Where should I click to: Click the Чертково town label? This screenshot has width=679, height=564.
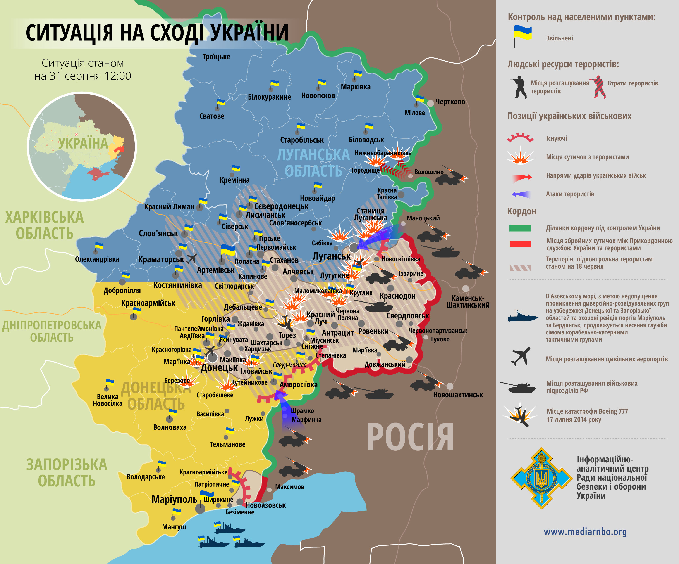coord(450,102)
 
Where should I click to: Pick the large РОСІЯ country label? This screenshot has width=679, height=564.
coord(410,437)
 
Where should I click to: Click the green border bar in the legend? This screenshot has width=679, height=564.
coord(520,228)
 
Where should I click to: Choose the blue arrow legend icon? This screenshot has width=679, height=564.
coord(521,194)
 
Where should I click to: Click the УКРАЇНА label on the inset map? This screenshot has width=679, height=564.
coord(83,143)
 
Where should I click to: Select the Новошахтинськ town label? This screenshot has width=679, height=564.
coord(458,395)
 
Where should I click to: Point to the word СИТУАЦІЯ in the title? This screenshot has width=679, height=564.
coord(69,33)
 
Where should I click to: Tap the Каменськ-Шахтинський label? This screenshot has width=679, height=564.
coord(468,301)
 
